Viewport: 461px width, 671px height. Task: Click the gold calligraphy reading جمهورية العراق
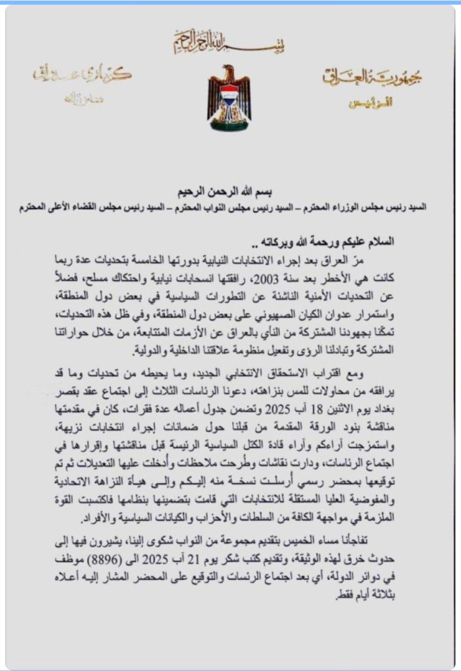[x=372, y=77]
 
